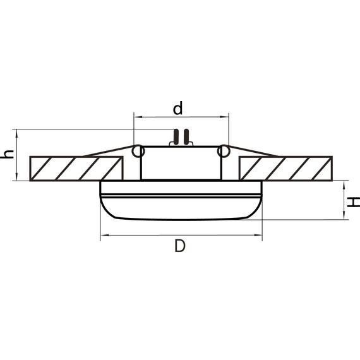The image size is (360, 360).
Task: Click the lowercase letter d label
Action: click(178, 108)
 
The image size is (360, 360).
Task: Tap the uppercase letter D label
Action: click(180, 247)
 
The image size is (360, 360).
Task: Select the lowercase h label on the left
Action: click(7, 155)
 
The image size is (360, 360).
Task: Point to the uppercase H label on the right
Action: click(355, 201)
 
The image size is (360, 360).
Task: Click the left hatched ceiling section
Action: click(75, 168)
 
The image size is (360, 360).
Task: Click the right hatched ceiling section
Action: click(285, 168)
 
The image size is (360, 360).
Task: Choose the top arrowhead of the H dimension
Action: click(344, 184)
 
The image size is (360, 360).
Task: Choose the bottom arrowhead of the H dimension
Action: click(344, 217)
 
